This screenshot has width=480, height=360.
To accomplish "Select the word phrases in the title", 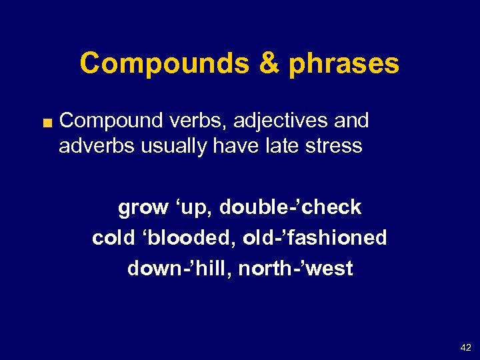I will coord(344,64).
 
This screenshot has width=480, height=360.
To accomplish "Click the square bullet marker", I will coord(47,121).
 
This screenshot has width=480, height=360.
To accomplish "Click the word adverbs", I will coord(97,145).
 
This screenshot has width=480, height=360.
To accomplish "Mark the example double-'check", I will coord(290,207).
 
